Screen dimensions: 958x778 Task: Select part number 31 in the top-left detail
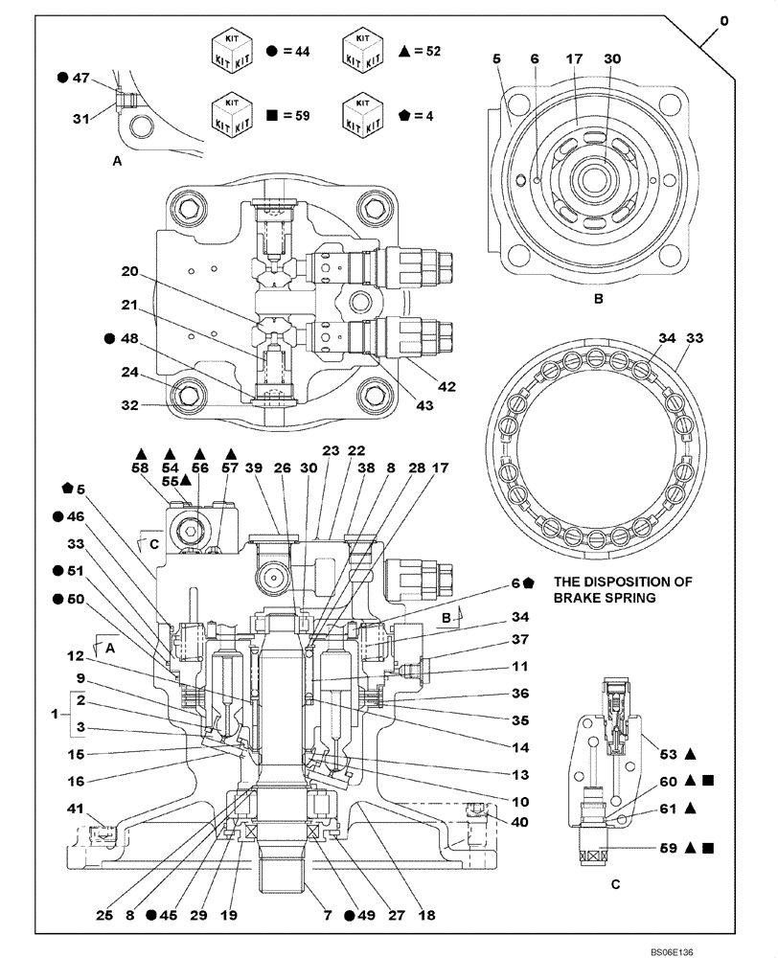click(83, 118)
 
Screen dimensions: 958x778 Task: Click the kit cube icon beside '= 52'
click(363, 50)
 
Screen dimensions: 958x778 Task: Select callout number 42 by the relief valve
click(446, 387)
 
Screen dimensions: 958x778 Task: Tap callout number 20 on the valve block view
click(130, 272)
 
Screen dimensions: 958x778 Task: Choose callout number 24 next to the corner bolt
click(130, 373)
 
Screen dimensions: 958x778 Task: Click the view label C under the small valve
click(614, 886)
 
